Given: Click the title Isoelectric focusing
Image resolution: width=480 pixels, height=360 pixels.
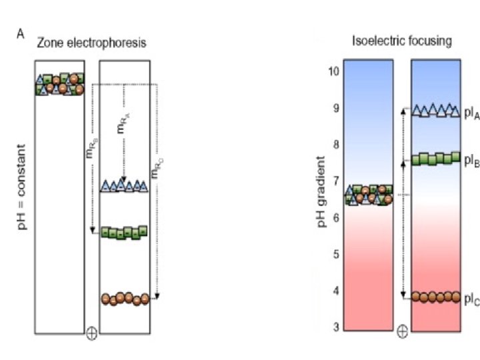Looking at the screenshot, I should click(x=402, y=41).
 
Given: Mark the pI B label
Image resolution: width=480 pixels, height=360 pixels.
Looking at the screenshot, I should click(x=472, y=160).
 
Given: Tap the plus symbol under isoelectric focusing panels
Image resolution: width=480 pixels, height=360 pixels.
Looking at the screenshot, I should click(x=403, y=331).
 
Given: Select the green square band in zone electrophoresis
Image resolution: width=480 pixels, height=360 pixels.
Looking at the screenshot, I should click(x=124, y=233).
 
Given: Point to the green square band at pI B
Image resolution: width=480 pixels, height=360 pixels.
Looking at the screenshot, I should click(x=436, y=159).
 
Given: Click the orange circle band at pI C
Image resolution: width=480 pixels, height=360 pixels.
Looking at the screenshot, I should click(x=436, y=297).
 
